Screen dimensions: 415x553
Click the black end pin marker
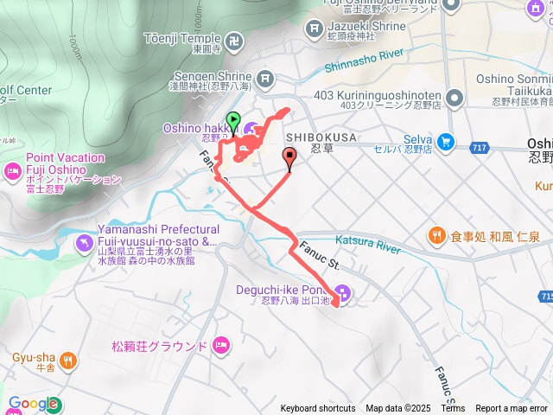[x=289, y=156]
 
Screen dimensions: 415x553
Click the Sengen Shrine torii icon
[x=265, y=80]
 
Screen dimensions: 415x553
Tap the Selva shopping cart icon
[x=446, y=140]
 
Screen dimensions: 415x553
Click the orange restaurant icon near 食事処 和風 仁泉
[x=435, y=235]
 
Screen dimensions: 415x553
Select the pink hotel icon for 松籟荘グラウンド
[x=220, y=346]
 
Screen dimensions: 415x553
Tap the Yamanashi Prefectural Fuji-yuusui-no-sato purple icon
[x=83, y=241]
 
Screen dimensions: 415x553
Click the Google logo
[x=33, y=403]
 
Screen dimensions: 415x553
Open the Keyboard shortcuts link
[x=317, y=409]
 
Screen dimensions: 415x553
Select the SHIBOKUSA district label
[x=321, y=137]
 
